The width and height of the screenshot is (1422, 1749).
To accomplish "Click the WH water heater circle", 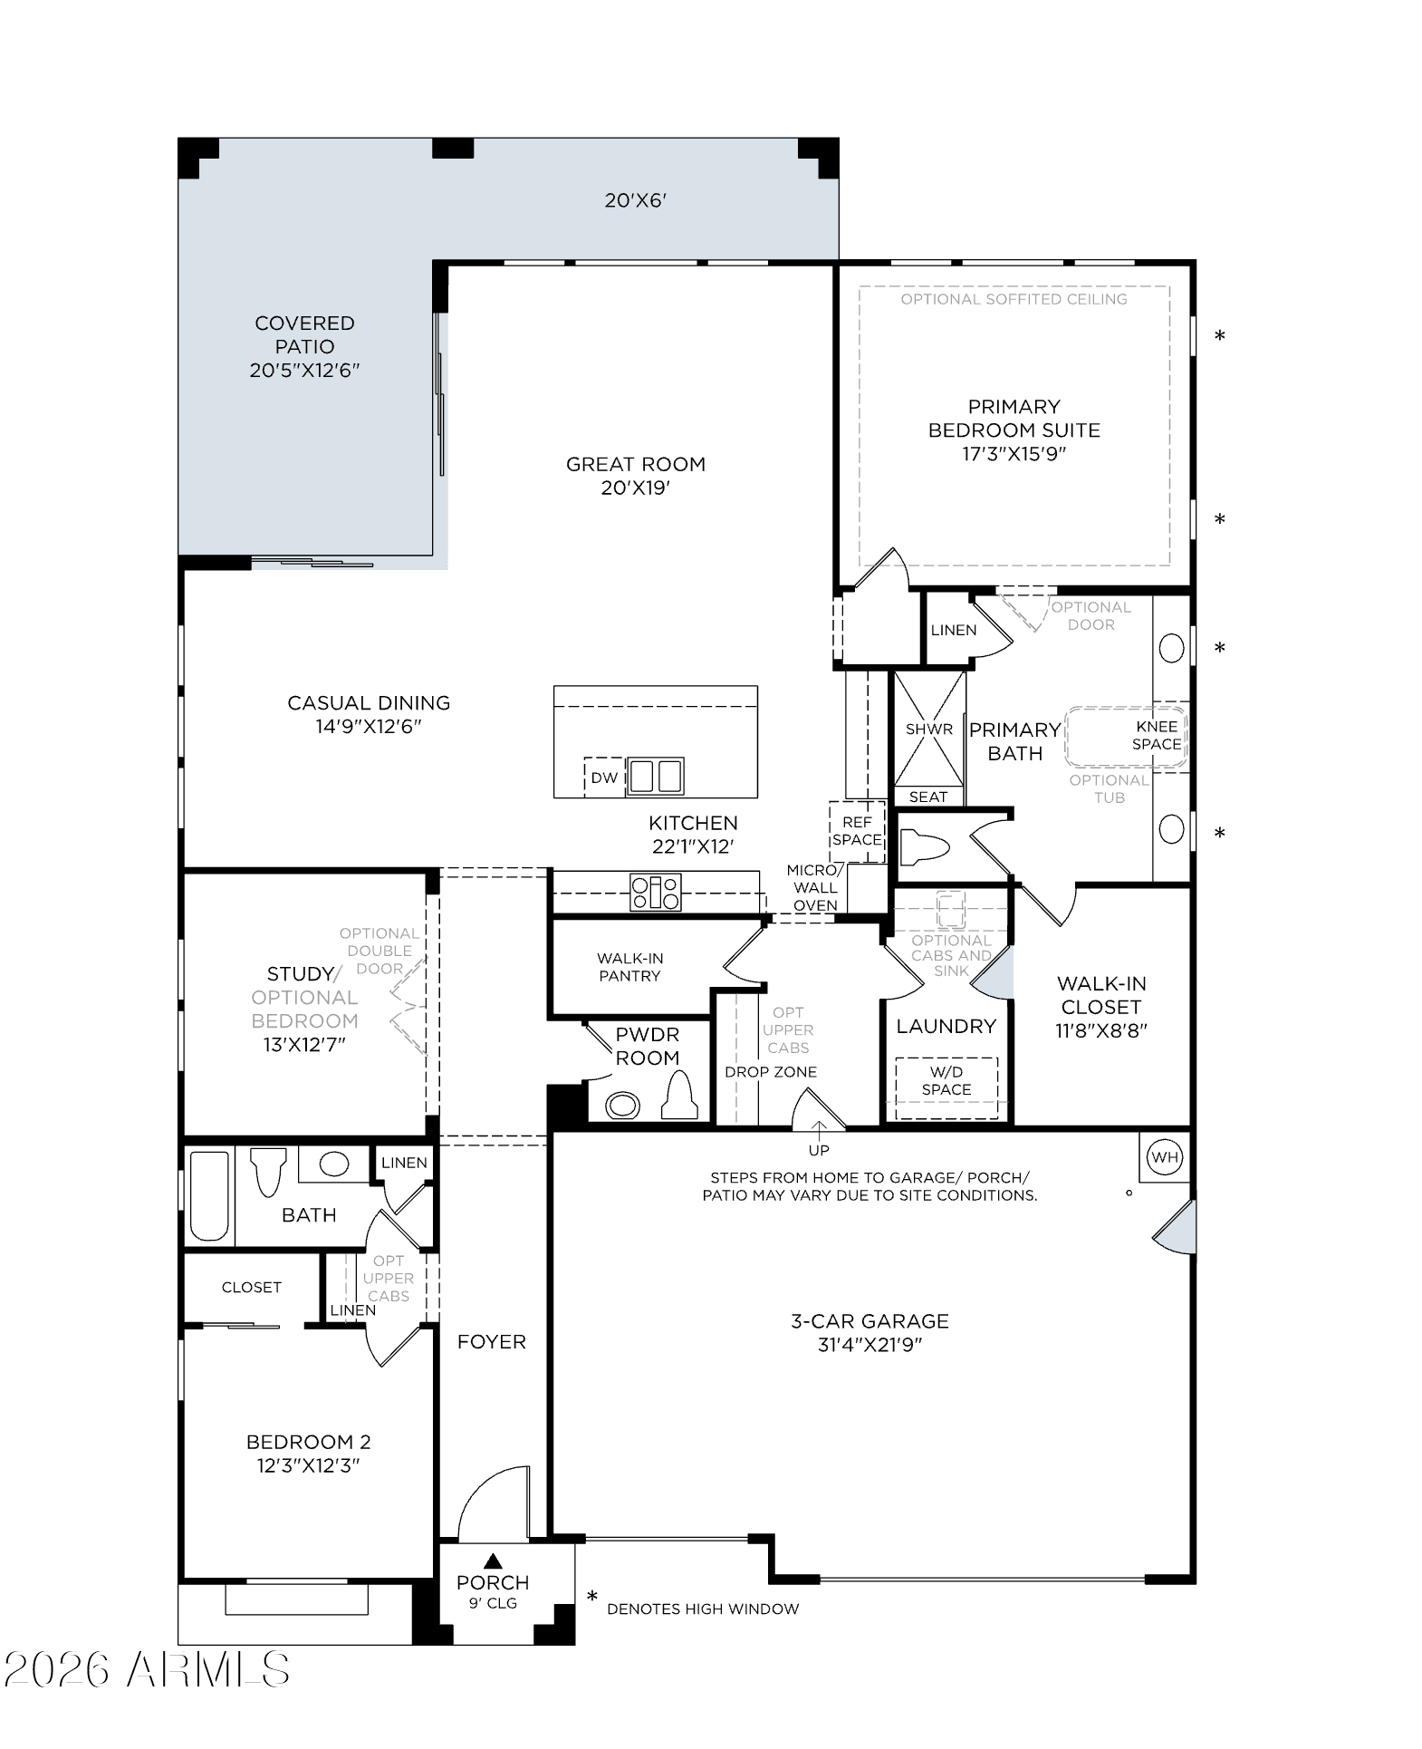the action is pyautogui.click(x=1165, y=1157).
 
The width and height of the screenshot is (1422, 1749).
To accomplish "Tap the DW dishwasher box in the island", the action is pyautogui.click(x=604, y=778).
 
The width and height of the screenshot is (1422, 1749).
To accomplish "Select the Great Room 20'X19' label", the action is pyautogui.click(x=636, y=476).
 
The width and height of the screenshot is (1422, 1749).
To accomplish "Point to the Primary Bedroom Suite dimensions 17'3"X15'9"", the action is pyautogui.click(x=1014, y=454).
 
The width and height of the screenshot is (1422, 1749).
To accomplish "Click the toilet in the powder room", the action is pyautogui.click(x=679, y=1095).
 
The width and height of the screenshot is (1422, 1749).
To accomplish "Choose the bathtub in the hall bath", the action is pyautogui.click(x=209, y=1196).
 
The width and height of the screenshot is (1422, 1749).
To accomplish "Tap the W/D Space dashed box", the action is pyautogui.click(x=946, y=1087).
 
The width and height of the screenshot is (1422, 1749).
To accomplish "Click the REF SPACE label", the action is pyautogui.click(x=857, y=831).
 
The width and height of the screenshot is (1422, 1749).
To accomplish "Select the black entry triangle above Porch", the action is pyautogui.click(x=494, y=1561).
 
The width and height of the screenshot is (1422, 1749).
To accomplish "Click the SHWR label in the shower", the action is pyautogui.click(x=929, y=729).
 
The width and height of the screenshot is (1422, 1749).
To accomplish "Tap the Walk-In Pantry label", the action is pyautogui.click(x=629, y=967).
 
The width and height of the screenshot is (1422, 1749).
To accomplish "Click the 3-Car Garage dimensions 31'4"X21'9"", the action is pyautogui.click(x=870, y=1345).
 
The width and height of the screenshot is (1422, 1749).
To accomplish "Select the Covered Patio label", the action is pyautogui.click(x=305, y=334).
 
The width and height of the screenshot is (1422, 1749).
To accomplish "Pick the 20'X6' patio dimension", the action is pyautogui.click(x=636, y=200).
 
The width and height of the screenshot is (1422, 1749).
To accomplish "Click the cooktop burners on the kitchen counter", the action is pyautogui.click(x=656, y=893).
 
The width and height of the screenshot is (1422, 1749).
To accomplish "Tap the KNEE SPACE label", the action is pyautogui.click(x=1157, y=735).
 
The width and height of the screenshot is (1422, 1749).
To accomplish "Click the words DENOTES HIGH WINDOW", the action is pyautogui.click(x=703, y=1609).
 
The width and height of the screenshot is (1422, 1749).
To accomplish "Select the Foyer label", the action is pyautogui.click(x=492, y=1341).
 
